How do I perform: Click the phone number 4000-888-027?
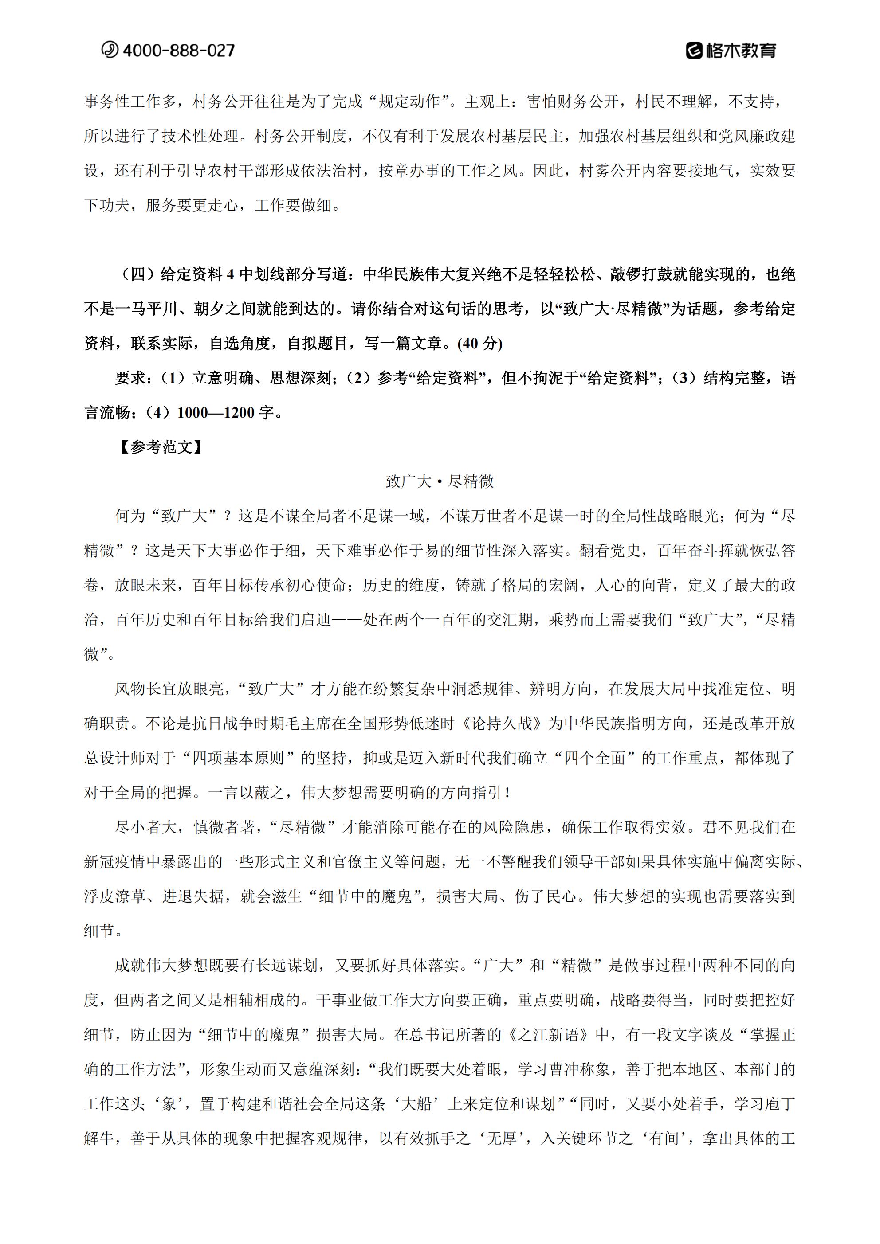click(178, 51)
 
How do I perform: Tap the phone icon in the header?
click(110, 50)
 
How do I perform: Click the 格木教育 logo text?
click(740, 51)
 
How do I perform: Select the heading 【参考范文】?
click(161, 447)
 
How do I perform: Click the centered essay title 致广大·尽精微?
click(440, 481)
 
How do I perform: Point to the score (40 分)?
click(480, 344)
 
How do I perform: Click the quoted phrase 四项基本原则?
click(238, 758)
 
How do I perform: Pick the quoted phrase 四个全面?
click(595, 758)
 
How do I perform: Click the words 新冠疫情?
click(114, 861)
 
